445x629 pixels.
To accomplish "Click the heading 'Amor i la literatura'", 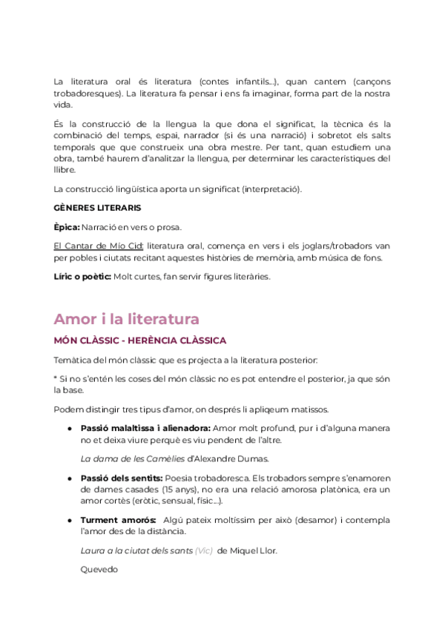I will tap(126, 319).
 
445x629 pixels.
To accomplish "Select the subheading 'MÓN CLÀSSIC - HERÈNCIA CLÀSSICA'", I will tap(140, 340).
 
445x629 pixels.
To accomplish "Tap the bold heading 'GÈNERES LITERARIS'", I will tap(98, 208).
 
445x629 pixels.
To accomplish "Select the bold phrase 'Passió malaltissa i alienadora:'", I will tap(145, 428).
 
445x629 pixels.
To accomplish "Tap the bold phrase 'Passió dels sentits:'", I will tap(121, 478).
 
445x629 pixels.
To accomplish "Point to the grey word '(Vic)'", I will tap(205, 550).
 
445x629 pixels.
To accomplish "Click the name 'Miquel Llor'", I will tap(255, 550).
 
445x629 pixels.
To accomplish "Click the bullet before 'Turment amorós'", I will tap(69, 520).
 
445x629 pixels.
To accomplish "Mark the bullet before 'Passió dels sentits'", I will tap(69, 478).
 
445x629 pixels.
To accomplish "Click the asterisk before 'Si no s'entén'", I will tap(56, 379).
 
